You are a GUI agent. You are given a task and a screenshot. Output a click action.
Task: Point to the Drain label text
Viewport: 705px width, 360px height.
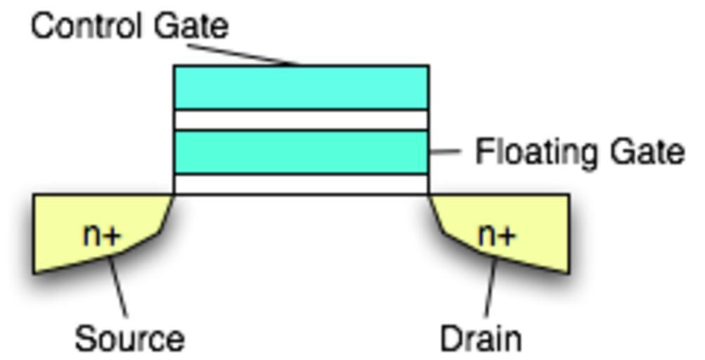481,339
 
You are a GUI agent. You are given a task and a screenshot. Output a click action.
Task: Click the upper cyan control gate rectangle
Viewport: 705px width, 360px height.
301,87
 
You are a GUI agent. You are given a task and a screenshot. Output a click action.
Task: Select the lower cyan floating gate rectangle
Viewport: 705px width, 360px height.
301,152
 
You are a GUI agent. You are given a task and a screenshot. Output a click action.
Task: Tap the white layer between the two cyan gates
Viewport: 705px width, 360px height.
301,120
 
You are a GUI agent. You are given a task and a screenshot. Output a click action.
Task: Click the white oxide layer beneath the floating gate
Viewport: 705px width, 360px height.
301,184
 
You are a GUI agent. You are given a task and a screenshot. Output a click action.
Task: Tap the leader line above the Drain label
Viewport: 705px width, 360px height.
490,288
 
